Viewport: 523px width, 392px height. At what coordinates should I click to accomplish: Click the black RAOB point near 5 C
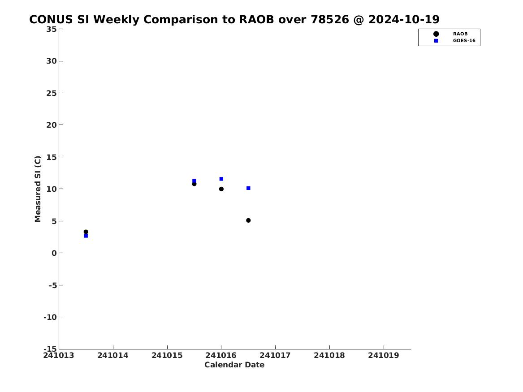[x=248, y=220]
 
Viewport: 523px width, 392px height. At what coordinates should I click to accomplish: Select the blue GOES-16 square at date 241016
[x=221, y=179]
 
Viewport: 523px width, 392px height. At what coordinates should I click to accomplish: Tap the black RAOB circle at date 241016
[x=221, y=189]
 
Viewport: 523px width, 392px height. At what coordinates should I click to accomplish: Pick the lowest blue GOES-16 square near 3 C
[x=86, y=236]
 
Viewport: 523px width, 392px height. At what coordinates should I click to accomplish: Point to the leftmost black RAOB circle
[x=86, y=232]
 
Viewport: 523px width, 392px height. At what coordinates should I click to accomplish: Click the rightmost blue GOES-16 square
[x=248, y=188]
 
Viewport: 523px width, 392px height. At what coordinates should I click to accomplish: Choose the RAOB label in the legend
[x=460, y=34]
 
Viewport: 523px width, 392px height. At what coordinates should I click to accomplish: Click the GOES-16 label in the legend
[x=464, y=41]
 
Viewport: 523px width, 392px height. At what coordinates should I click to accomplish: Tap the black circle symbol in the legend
[x=436, y=34]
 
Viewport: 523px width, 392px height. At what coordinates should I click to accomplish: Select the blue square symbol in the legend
[x=436, y=41]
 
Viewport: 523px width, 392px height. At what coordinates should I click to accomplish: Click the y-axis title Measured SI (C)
[x=38, y=189]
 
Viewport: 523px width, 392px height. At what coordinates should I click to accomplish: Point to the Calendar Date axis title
[x=234, y=365]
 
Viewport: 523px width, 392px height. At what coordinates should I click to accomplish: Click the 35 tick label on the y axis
[x=52, y=29]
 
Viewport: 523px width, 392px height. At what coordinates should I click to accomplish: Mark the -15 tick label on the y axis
[x=50, y=349]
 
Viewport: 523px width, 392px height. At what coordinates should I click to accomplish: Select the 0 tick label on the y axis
[x=54, y=253]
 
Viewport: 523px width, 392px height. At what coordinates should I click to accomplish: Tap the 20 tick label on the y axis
[x=52, y=125]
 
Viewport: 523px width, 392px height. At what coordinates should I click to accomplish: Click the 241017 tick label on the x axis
[x=275, y=355]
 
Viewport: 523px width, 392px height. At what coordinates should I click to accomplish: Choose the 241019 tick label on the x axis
[x=384, y=355]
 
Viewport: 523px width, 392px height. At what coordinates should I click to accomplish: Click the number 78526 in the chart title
[x=329, y=20]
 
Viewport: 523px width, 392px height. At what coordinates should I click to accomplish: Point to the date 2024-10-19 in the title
[x=404, y=20]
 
